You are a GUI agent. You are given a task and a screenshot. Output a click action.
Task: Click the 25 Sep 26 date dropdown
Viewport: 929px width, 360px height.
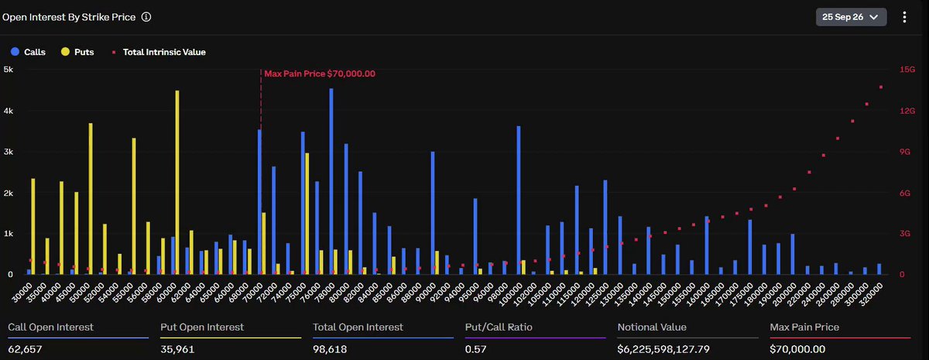851,17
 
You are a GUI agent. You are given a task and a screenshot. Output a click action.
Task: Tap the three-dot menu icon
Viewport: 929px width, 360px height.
904,17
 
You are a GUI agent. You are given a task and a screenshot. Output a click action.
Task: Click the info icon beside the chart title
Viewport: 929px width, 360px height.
146,17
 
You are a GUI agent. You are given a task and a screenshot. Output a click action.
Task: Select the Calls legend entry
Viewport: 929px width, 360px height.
28,52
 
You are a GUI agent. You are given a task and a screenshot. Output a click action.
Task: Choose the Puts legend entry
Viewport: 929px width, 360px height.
77,52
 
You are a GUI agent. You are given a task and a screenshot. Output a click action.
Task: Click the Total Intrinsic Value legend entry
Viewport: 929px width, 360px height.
159,52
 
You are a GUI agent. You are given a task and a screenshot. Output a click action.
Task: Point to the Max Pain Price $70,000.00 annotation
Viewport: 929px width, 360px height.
320,74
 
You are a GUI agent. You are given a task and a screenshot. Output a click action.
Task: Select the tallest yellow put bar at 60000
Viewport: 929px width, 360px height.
177,183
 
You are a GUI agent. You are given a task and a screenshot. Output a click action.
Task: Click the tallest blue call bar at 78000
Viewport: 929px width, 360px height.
331,181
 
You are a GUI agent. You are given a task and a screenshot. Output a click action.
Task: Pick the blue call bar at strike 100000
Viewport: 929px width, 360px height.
519,201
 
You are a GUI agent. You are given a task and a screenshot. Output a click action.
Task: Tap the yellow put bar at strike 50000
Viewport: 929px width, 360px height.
91,199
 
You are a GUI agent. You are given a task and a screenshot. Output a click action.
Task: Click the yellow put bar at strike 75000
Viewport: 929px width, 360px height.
307,214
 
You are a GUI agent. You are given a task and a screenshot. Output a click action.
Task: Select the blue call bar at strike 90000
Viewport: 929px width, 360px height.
433,213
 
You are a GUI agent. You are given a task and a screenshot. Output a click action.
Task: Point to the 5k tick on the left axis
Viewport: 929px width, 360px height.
9,69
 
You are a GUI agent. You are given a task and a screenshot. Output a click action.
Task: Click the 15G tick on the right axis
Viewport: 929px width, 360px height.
907,69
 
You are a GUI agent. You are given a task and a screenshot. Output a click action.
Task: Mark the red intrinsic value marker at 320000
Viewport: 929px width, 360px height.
881,87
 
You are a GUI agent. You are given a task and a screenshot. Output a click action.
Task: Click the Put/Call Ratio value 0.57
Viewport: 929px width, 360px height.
475,349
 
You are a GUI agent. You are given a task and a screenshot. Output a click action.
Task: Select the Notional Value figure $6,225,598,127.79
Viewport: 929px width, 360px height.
663,349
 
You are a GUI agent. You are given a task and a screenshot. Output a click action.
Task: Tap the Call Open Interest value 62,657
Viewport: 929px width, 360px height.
25,349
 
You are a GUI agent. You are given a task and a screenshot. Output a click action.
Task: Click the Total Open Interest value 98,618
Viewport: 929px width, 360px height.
330,349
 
